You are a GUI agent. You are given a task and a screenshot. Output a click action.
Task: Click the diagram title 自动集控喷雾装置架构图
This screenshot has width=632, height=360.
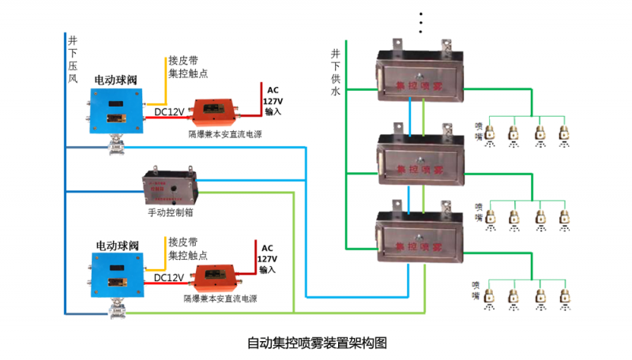tap(316, 343)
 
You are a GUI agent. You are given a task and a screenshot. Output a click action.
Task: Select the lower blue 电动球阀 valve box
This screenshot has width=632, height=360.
tap(118, 276)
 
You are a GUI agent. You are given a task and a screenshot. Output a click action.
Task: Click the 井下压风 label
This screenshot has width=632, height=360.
tap(73, 59)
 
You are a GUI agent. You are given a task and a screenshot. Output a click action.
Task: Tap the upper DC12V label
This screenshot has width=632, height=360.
tap(170, 112)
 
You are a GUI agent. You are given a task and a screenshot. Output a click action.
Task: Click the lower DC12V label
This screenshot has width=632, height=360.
tap(170, 278)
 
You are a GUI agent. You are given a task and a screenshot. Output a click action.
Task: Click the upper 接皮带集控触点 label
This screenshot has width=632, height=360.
tap(188, 67)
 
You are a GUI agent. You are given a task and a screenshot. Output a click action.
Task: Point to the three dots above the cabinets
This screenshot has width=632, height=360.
tap(421, 24)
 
